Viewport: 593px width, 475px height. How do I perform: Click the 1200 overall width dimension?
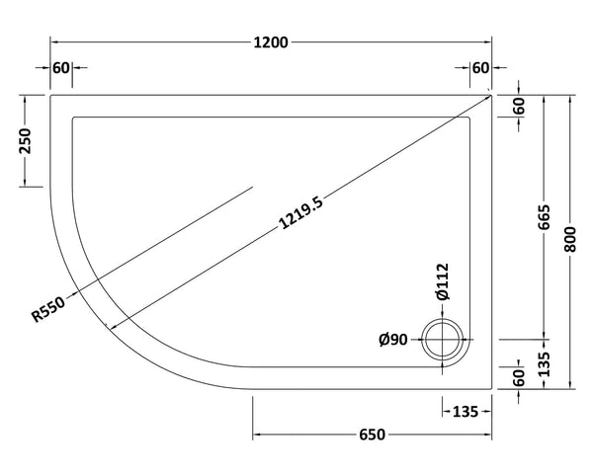coord(271,41)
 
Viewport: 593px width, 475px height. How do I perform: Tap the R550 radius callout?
coord(48,311)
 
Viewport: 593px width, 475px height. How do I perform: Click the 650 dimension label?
coord(372,435)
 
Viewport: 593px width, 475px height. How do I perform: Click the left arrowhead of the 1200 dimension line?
coord(54,41)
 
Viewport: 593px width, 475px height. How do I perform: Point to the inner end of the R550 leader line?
coord(252,188)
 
